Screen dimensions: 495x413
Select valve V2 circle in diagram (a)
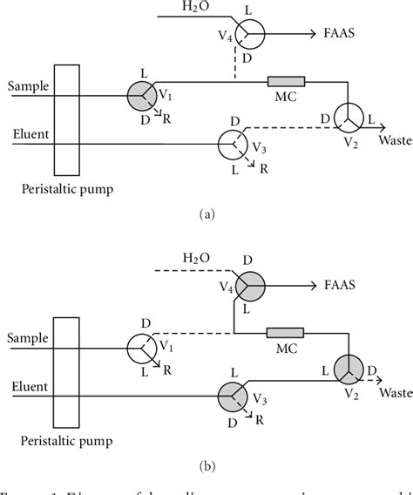click(x=347, y=117)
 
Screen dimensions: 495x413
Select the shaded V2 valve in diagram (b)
click(x=347, y=369)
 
